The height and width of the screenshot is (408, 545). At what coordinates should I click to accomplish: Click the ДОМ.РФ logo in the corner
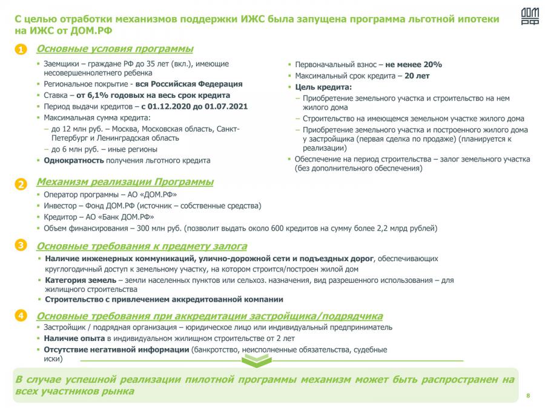(529, 17)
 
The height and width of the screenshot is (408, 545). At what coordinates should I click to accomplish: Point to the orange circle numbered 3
(21, 245)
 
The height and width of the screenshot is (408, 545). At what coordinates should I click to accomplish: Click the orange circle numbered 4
(21, 316)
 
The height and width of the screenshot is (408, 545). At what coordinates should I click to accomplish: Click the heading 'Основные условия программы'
(115, 49)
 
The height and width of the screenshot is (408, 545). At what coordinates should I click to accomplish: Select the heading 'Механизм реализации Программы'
(125, 182)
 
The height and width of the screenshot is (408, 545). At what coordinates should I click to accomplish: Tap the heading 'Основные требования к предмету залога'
(142, 246)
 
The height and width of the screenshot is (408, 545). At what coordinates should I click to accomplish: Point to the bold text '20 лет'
(417, 76)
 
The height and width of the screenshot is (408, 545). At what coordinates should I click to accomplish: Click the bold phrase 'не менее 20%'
(414, 64)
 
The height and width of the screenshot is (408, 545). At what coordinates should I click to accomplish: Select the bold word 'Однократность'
(73, 160)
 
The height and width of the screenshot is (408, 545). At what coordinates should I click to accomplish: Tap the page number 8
(528, 396)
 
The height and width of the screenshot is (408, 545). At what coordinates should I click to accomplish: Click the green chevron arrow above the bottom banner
(253, 361)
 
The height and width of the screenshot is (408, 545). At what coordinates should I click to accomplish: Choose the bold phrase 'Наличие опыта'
(70, 338)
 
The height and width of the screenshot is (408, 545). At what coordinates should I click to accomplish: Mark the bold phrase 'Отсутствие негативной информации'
(116, 349)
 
